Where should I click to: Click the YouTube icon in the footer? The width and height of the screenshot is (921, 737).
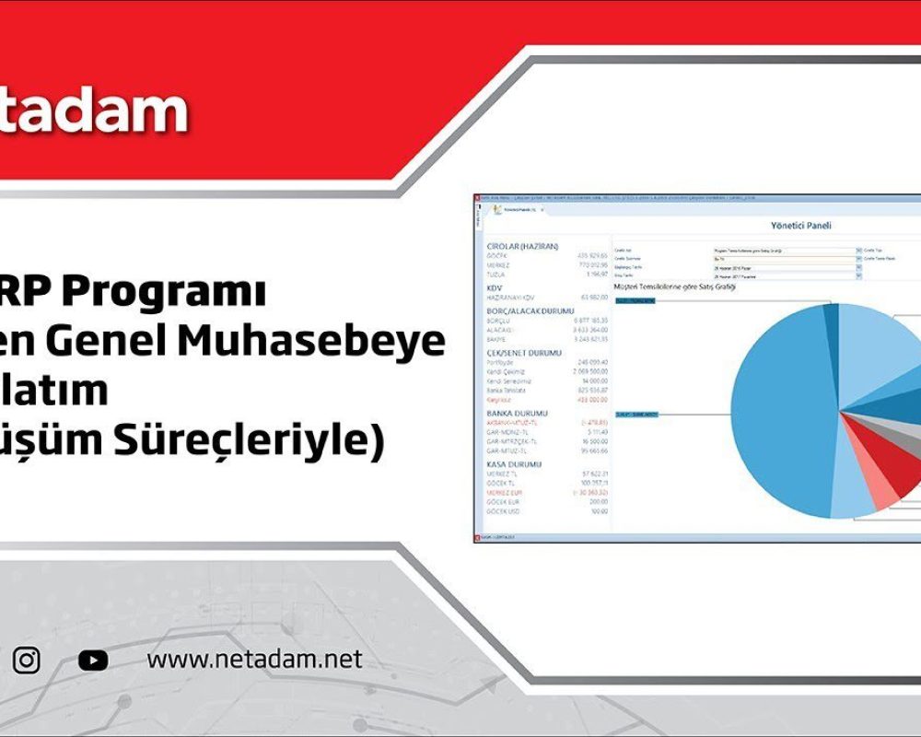click(93, 660)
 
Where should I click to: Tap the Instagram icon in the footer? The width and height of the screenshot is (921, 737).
click(27, 660)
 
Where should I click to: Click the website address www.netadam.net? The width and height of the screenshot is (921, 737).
click(254, 660)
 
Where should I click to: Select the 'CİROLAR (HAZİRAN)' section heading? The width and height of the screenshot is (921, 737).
click(530, 246)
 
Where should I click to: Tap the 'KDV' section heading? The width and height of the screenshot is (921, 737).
click(494, 287)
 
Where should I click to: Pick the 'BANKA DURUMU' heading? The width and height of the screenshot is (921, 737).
click(519, 413)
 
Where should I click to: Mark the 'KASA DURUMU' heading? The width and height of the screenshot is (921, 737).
click(516, 463)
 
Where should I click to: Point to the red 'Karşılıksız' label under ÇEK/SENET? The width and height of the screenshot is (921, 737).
click(503, 400)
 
